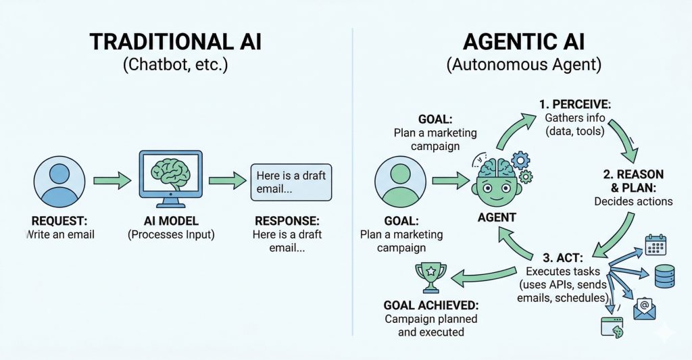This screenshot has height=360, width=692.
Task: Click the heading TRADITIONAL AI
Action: click(175, 42)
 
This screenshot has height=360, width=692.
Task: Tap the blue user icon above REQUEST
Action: click(59, 180)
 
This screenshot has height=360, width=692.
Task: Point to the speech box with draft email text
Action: click(291, 182)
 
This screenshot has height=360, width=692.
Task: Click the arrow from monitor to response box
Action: click(226, 181)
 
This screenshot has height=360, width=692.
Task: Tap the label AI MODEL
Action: click(170, 221)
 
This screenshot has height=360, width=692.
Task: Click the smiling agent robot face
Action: click(496, 181)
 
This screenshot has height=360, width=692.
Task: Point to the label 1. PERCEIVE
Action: click(574, 105)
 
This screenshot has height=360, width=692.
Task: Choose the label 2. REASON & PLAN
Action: click(633, 180)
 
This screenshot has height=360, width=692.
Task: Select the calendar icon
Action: click(656, 244)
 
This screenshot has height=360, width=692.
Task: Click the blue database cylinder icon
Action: click(664, 276)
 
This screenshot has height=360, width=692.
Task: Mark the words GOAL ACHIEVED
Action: click(430, 304)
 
